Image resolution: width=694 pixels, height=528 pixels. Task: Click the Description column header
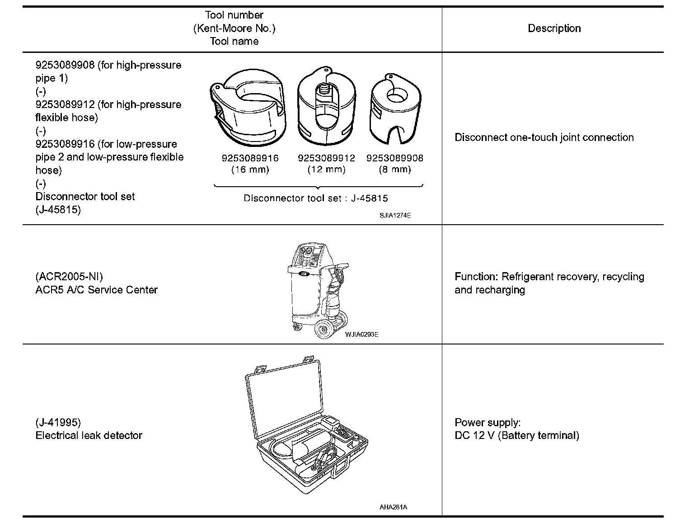pyautogui.click(x=554, y=28)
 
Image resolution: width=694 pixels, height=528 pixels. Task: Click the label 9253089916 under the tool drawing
pyautogui.click(x=250, y=158)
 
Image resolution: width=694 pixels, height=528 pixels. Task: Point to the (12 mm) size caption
pyautogui.click(x=326, y=170)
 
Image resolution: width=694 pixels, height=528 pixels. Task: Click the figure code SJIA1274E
pyautogui.click(x=395, y=216)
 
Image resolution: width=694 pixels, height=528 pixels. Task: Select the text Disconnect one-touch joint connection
pyautogui.click(x=544, y=137)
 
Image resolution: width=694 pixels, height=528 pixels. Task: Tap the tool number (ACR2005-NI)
pyautogui.click(x=69, y=277)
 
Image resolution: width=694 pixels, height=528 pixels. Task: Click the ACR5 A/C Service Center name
pyautogui.click(x=96, y=290)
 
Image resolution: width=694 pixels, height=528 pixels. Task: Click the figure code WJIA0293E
pyautogui.click(x=361, y=335)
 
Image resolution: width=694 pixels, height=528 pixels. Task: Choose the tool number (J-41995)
pyautogui.click(x=58, y=422)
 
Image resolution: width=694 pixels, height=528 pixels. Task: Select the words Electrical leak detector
pyautogui.click(x=89, y=435)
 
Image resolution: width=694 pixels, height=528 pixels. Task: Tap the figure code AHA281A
pyautogui.click(x=393, y=507)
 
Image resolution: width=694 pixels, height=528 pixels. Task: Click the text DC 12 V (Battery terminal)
pyautogui.click(x=516, y=435)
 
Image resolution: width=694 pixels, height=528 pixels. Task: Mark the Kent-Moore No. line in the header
pyautogui.click(x=234, y=28)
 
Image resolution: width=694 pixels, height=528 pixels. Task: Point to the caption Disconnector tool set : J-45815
pyautogui.click(x=315, y=198)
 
